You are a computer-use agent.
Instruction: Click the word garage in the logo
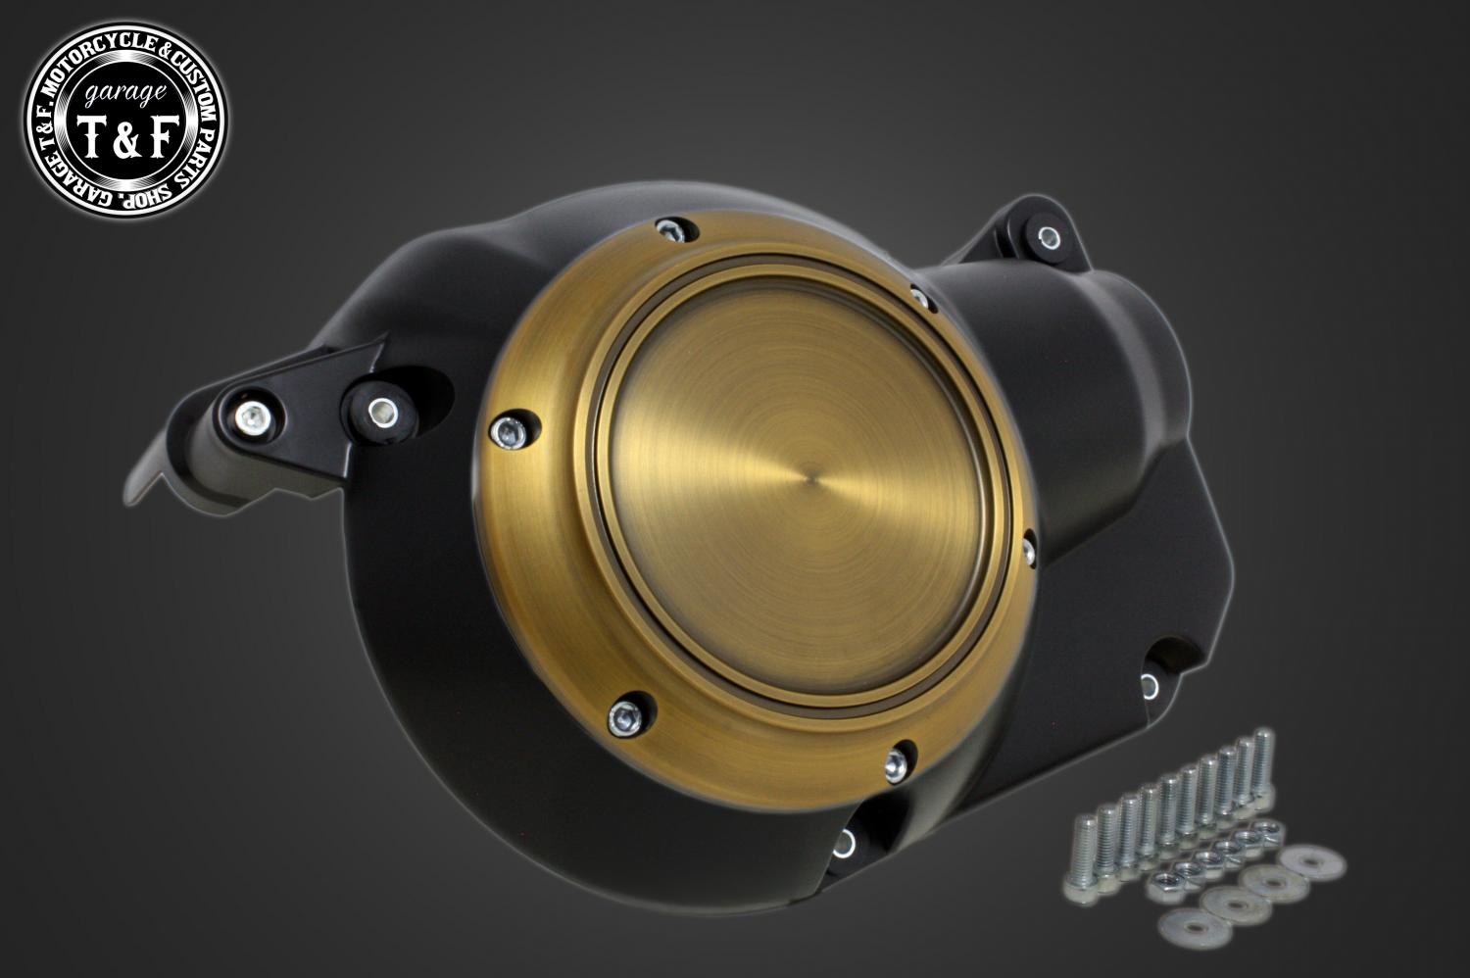(124, 93)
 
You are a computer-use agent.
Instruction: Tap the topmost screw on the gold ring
(668, 229)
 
